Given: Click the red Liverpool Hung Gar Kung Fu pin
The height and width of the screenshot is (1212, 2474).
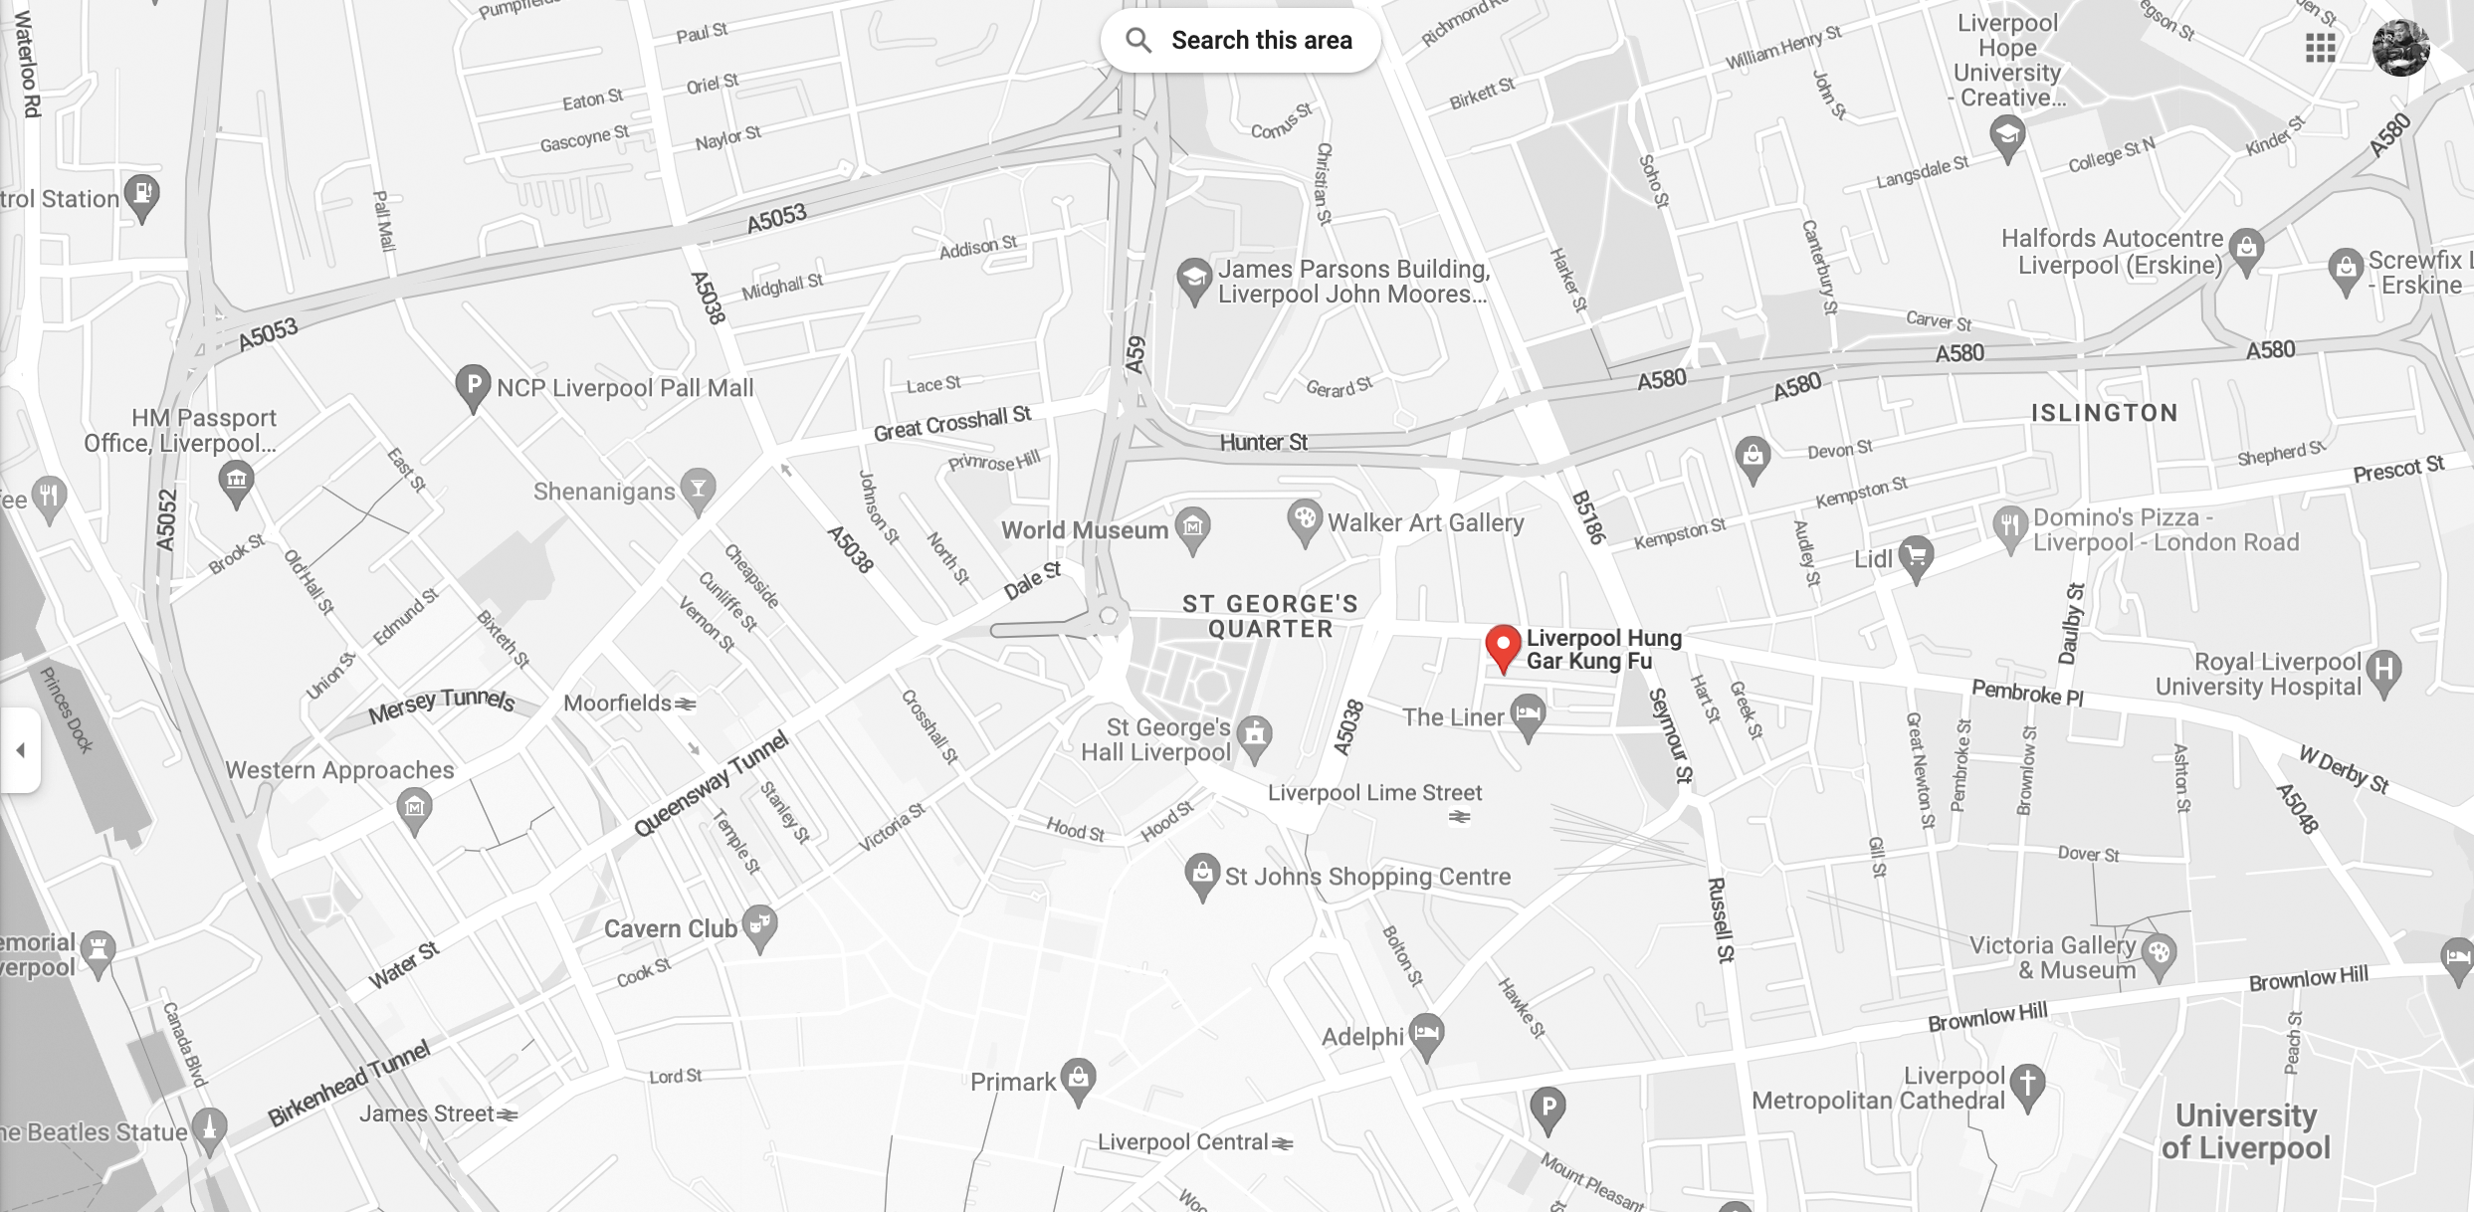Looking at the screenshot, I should (1503, 646).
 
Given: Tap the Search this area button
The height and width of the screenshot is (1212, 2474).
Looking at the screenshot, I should (1240, 41).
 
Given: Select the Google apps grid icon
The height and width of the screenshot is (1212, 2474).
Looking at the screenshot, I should (2320, 48).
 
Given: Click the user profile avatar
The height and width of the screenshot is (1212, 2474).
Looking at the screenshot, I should (2400, 47).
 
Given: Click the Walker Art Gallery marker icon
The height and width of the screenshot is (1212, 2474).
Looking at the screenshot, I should (1304, 519).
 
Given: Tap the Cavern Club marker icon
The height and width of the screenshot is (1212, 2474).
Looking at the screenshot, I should (759, 925).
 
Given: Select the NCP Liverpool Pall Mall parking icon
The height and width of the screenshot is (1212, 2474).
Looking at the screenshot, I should (473, 384).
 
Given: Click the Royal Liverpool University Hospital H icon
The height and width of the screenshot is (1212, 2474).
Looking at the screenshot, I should (2383, 670).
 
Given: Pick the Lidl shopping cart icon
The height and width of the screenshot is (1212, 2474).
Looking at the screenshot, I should (1916, 555).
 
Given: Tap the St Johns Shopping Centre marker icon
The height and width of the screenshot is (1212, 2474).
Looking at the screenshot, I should (1202, 874).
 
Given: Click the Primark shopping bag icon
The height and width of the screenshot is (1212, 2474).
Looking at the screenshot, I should (1078, 1078).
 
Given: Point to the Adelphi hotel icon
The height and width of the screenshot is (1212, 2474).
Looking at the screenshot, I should (1426, 1034).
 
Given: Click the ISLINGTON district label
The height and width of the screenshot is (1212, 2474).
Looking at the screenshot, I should (2104, 413).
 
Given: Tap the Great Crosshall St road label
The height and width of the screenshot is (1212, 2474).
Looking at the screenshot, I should (951, 424).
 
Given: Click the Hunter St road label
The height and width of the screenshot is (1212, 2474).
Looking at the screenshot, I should (1264, 442).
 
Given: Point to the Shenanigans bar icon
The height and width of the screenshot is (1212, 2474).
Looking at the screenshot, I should (699, 488).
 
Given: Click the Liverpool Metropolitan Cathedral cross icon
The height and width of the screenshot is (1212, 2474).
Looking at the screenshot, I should (2027, 1083).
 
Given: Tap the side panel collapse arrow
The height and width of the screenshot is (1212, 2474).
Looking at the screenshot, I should (20, 750).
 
